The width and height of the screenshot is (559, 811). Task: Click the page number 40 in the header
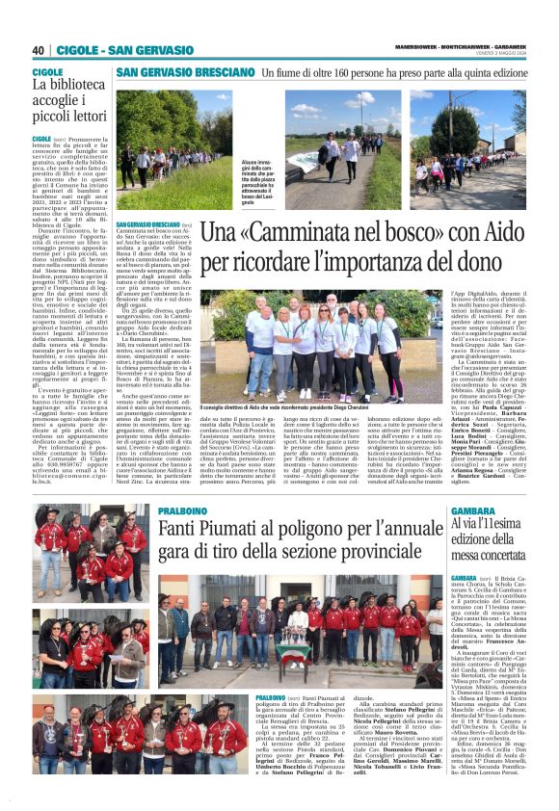(39, 50)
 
